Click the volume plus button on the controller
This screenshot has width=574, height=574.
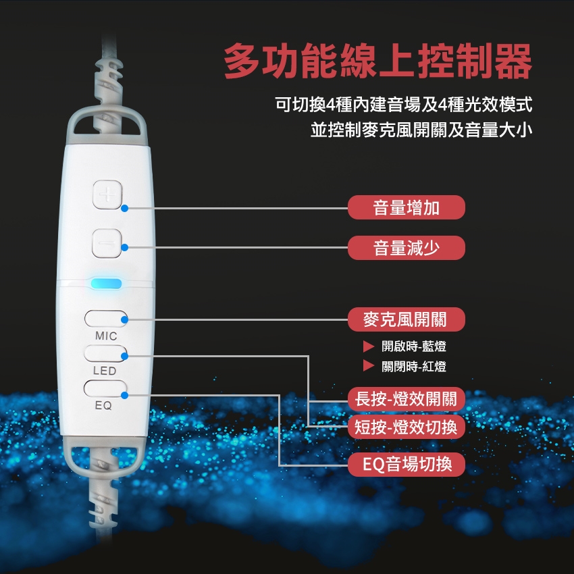point(107,194)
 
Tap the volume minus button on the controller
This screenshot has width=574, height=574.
point(107,243)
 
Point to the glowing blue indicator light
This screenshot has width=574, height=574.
point(106,284)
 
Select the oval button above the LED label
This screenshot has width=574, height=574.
point(105,354)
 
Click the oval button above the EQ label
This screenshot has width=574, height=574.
point(105,389)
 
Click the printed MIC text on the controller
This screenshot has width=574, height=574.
point(106,336)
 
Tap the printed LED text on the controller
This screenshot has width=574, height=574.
point(105,371)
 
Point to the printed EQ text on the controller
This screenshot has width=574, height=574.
point(103,406)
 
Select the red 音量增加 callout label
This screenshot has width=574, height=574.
point(407,207)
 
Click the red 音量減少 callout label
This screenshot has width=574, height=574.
point(407,248)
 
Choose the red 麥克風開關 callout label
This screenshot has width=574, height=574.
point(407,319)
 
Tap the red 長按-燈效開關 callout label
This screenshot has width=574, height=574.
point(407,399)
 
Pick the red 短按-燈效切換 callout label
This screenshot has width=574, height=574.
point(407,427)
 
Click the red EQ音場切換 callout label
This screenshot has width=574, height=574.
point(407,465)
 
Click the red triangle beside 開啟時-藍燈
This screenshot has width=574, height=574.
point(368,346)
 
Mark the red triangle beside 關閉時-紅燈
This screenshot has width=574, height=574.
point(368,366)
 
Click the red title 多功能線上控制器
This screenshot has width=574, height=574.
point(377,61)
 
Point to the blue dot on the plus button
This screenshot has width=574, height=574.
point(124,208)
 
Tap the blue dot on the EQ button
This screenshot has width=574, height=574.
point(124,395)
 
